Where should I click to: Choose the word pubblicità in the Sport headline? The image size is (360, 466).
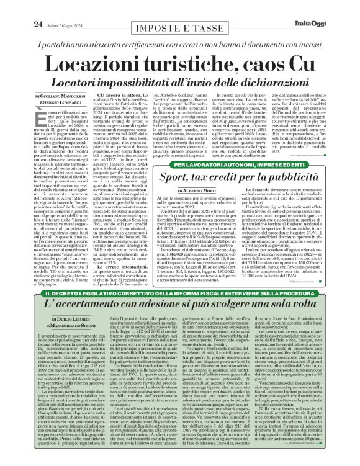294,161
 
